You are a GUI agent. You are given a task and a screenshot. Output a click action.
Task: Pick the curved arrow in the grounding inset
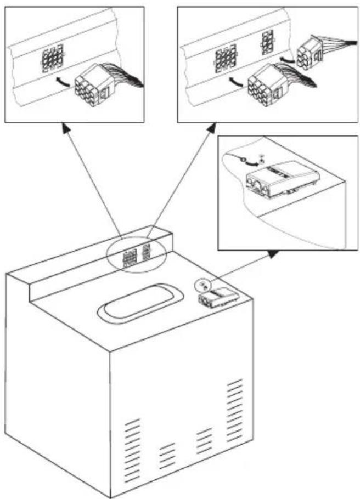click(250, 162)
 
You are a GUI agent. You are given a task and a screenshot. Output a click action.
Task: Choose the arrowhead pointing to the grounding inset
click(273, 253)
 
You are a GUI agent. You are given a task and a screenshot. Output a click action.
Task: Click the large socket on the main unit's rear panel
click(131, 257)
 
